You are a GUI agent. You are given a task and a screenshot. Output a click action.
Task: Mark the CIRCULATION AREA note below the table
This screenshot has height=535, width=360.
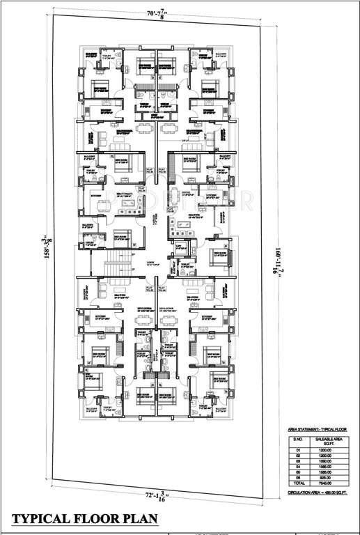tap(318, 492)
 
